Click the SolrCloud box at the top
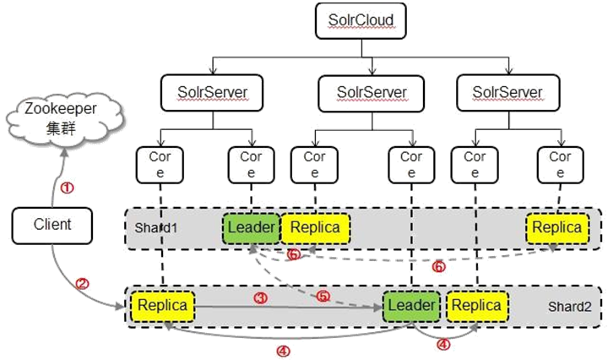point(355,19)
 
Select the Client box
point(53,225)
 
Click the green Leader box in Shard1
point(251,227)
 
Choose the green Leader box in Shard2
point(410,304)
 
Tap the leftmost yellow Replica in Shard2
point(162,304)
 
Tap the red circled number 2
point(82,284)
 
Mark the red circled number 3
point(261,298)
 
